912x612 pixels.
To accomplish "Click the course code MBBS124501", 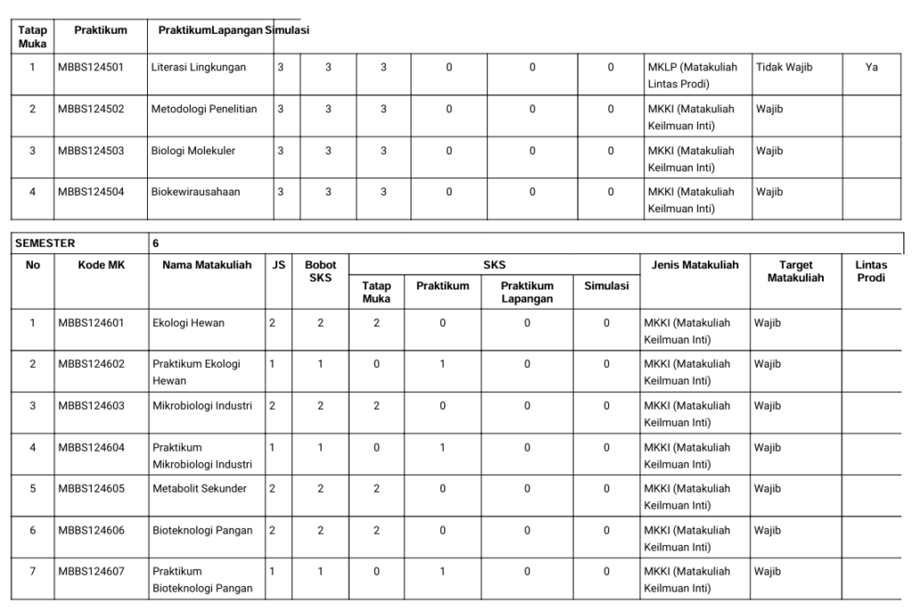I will tap(91, 67).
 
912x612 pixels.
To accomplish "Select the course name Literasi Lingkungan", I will tap(199, 67).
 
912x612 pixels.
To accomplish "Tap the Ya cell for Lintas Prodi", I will tap(871, 67).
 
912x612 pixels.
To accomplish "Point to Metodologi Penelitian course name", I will tap(204, 109).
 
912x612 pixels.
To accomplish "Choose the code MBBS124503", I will tap(91, 151).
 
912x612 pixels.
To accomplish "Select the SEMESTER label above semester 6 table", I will tap(45, 242).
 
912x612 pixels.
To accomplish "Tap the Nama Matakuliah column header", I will tap(207, 265).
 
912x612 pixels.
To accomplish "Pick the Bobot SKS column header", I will tap(320, 271).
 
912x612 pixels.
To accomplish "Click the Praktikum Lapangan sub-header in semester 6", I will tap(526, 292).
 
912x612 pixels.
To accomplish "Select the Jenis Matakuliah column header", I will tap(695, 265).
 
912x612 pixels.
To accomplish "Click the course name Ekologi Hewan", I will tap(188, 322).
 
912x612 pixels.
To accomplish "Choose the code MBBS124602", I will tap(91, 364).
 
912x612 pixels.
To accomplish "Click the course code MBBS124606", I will tap(91, 530).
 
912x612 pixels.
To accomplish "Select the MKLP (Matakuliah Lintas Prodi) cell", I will tap(691, 76).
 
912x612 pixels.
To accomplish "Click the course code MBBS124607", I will tap(91, 571).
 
